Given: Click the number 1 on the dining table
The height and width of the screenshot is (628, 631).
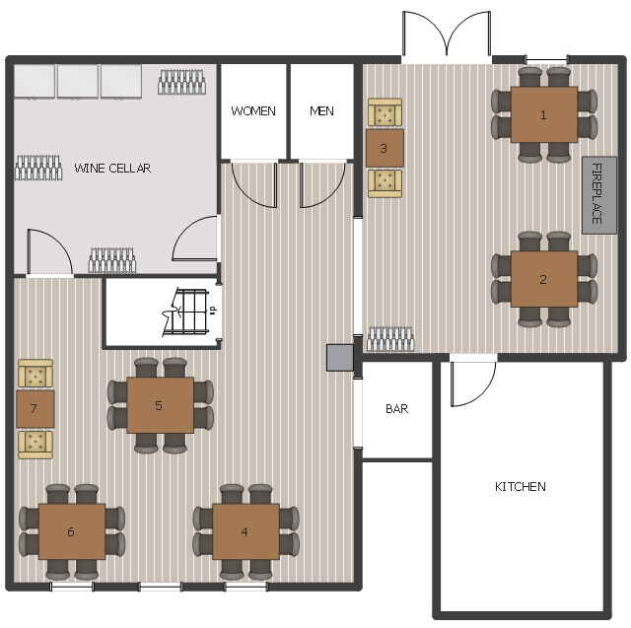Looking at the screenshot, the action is coord(543,115).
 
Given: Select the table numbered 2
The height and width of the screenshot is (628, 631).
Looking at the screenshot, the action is coord(544,279).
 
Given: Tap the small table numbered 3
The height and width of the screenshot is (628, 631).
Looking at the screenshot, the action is coord(385,148).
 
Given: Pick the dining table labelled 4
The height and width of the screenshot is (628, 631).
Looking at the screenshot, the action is coord(245,531).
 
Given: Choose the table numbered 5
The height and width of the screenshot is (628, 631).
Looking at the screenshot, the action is coord(160,405).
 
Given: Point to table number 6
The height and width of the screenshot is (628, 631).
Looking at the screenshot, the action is coord(72,531).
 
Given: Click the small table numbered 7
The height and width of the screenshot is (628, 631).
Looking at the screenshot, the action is coord(35,409).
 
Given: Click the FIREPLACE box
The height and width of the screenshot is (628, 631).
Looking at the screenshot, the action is coord(599,195).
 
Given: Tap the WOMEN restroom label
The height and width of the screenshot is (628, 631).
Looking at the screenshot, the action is coord(253,111).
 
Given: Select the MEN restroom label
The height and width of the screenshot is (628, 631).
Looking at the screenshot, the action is coord(321,111).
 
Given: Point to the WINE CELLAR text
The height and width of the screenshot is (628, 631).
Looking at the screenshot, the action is coord(112,169).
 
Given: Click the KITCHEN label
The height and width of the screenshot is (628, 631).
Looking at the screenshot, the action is coord(521,487).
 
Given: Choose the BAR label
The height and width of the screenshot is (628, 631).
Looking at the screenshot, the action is coord(396,409).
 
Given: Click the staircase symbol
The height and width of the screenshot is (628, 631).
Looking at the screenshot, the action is coord(186,312).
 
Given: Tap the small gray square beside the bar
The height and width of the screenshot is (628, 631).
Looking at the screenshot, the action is coord(340,358).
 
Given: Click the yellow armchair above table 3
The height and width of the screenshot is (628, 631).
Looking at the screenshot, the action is coord(385,112).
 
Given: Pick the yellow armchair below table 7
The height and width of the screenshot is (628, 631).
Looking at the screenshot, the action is coord(35,445).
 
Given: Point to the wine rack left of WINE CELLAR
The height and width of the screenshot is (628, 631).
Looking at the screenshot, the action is coord(38,168).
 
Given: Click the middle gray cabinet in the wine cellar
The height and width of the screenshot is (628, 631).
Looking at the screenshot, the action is coord(78,82).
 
